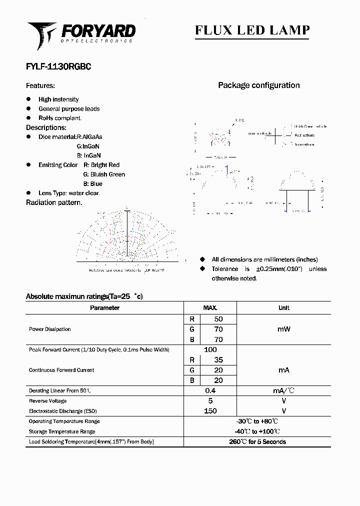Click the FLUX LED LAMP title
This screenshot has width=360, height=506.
tap(252, 30)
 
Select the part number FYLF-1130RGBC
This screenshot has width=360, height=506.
tap(58, 66)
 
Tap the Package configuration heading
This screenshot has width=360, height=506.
tap(258, 85)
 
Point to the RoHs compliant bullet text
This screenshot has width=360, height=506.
tap(60, 118)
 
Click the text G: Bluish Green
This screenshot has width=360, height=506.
tap(104, 174)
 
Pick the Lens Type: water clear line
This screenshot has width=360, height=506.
tap(69, 193)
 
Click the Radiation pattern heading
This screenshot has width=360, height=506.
tap(54, 202)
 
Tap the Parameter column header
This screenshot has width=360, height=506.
tap(104, 308)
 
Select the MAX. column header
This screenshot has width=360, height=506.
tap(210, 308)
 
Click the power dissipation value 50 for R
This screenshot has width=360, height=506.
tap(218, 319)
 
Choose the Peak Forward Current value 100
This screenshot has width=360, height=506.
tap(210, 349)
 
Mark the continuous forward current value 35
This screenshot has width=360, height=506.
tap(218, 359)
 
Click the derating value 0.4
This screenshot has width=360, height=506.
tap(210, 390)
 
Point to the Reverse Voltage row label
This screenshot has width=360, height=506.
tap(47, 401)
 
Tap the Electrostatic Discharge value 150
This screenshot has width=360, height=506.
tap(210, 411)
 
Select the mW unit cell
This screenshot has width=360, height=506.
tap(283, 329)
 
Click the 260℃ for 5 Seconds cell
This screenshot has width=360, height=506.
tap(257, 442)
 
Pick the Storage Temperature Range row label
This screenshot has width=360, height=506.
tap(62, 431)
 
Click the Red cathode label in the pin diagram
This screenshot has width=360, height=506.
tap(304, 135)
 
